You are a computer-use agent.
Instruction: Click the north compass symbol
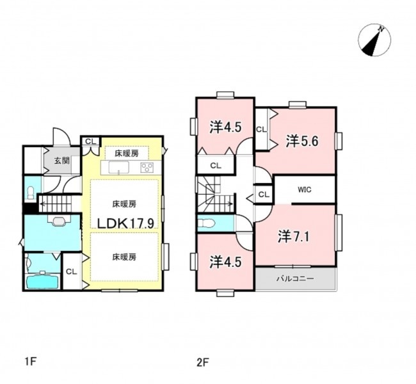point(374,40)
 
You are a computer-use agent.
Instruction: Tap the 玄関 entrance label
point(62,161)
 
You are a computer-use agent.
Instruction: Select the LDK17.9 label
point(125,223)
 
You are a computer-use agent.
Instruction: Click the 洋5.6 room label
point(301,141)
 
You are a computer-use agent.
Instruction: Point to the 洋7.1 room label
point(294,236)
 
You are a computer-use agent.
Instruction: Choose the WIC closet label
point(304,189)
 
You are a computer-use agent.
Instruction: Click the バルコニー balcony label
point(295,278)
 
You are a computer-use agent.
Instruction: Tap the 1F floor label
point(30,362)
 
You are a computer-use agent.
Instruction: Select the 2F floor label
point(203,362)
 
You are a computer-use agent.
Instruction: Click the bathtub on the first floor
point(43,282)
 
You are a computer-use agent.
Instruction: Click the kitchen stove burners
point(147,168)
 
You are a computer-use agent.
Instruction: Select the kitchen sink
point(118,168)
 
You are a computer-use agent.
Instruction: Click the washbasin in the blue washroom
point(59,221)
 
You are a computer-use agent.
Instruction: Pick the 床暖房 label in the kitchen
point(127,153)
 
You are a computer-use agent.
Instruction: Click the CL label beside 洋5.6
point(261,129)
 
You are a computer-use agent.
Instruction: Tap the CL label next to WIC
point(264,195)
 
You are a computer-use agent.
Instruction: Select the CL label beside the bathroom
point(71,271)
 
